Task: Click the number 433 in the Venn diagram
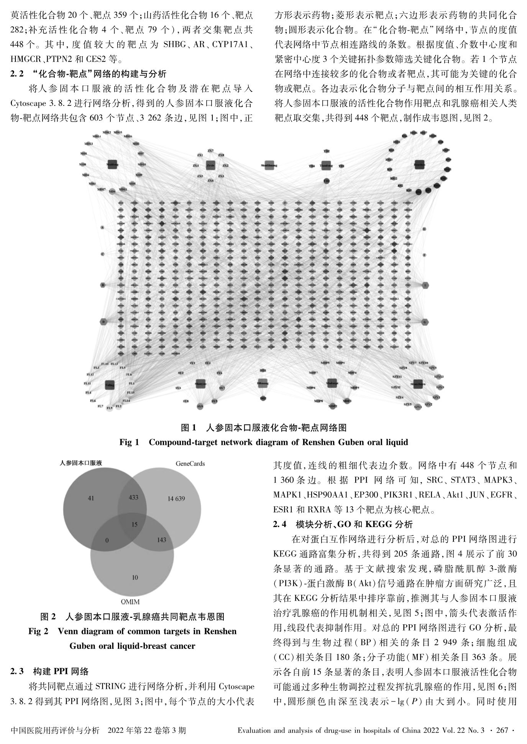coord(134,497)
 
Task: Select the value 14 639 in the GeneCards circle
coord(176,499)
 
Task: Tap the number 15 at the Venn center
coord(134,525)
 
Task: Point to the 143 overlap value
coord(161,540)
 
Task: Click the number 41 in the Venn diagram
coord(90,498)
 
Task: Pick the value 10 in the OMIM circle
coord(135,577)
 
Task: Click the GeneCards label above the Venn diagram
coord(190,463)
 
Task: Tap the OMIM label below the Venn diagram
coord(130,602)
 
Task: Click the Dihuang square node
coord(263,383)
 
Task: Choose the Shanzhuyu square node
coord(418,384)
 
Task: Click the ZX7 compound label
coord(210,151)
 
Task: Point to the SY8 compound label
coord(186,401)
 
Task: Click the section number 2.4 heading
coord(279,524)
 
